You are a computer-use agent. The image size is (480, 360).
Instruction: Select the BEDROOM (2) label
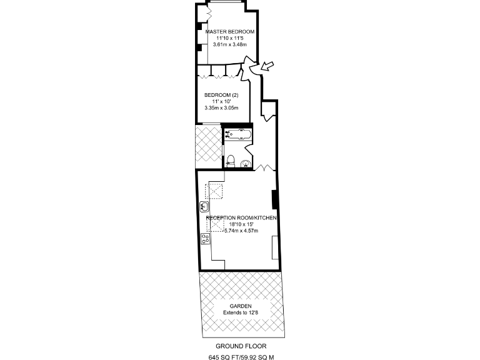221,95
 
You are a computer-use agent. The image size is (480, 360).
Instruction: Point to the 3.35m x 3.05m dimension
221,108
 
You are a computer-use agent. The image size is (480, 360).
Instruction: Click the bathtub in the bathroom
238,133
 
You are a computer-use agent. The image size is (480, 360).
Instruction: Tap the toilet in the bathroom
231,159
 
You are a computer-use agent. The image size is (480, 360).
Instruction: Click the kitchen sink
204,206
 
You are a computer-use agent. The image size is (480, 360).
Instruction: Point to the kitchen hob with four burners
204,238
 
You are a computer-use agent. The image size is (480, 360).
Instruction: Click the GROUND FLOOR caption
239,346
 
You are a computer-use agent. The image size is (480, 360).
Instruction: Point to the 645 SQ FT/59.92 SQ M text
242,357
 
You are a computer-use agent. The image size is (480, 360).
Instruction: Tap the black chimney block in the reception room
274,199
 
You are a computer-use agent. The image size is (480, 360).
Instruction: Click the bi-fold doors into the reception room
262,167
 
